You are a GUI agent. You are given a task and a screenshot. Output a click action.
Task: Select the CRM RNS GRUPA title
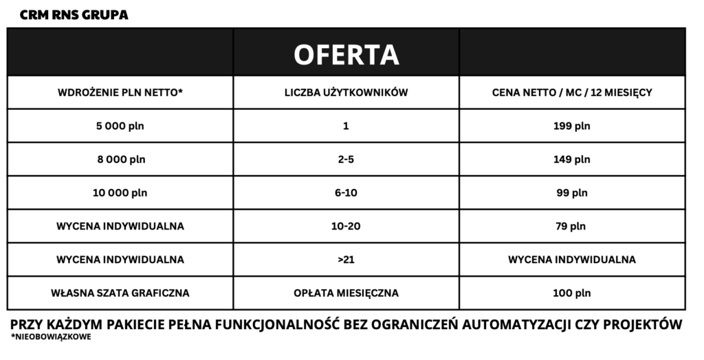74,14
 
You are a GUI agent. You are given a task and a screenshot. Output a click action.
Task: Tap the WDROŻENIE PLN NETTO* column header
120,93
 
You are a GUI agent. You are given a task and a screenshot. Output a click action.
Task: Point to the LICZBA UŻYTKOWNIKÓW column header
346,93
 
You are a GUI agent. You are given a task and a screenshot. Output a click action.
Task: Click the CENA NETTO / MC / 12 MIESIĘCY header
572,93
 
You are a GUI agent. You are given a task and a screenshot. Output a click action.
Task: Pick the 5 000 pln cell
120,126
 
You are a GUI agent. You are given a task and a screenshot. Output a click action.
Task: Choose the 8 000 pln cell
120,159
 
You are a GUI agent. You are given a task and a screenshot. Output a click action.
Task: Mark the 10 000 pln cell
120,193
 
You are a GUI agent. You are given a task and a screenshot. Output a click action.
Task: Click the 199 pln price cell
572,126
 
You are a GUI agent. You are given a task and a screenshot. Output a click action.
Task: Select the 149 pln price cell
572,159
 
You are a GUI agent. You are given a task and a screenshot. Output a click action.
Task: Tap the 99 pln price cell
572,193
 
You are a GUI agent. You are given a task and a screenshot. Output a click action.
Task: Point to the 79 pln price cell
572,226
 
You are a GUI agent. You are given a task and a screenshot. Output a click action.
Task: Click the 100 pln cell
572,293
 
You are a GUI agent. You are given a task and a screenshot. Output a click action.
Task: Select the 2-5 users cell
346,159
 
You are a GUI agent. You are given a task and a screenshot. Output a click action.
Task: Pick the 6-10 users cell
346,193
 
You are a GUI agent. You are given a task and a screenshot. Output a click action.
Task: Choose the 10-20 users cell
346,226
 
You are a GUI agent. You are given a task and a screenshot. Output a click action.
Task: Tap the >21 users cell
346,260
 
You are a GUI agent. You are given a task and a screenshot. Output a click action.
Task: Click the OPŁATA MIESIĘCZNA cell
346,293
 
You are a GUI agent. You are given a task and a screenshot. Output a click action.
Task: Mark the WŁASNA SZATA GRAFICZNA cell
120,293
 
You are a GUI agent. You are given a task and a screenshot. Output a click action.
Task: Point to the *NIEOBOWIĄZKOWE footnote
52,337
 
